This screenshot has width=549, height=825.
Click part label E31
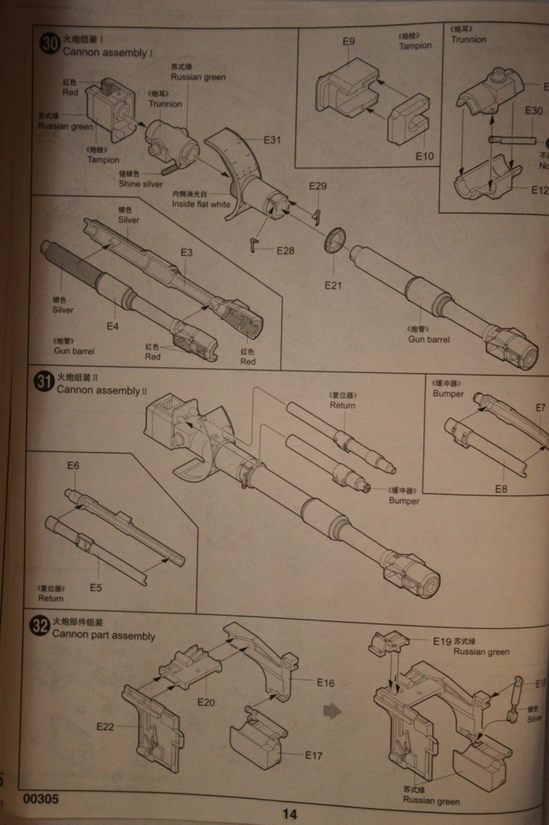coord(272,140)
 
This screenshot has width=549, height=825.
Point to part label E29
coord(318,187)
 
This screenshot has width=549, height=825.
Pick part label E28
coord(286,251)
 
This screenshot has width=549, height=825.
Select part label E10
coord(425,155)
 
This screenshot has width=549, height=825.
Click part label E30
coord(534,110)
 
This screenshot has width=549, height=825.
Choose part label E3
coord(187,252)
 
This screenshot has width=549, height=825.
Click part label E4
coord(113,325)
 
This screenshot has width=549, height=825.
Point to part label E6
coord(73,466)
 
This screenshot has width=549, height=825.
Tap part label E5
coord(96,587)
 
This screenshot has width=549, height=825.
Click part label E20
coord(207,702)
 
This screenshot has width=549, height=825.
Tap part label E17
coord(314,755)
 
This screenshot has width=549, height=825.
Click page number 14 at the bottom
coord(289,815)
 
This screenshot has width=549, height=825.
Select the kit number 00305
coord(40,800)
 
